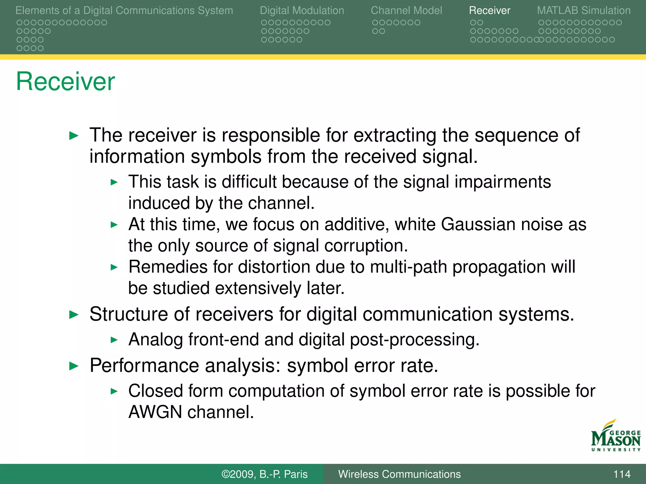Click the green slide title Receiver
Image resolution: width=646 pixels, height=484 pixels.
click(x=65, y=81)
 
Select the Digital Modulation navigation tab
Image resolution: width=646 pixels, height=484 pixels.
click(x=302, y=10)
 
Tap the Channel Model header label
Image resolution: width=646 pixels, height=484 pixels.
click(x=406, y=10)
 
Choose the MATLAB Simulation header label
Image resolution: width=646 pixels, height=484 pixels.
click(x=584, y=10)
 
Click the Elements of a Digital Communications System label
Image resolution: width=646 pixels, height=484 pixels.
click(x=124, y=10)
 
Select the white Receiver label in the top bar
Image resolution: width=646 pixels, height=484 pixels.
click(x=489, y=10)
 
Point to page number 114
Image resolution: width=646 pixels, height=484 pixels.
click(x=621, y=474)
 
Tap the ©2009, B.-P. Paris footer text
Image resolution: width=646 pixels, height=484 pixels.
click(x=264, y=474)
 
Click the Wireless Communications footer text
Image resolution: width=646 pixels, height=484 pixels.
click(x=399, y=474)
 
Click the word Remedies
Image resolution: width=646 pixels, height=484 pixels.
click(x=168, y=267)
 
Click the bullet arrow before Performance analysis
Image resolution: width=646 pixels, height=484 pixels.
click(x=73, y=366)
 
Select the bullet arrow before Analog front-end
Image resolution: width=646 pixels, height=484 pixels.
click(x=114, y=340)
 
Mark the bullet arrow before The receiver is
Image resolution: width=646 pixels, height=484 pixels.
click(x=73, y=136)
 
